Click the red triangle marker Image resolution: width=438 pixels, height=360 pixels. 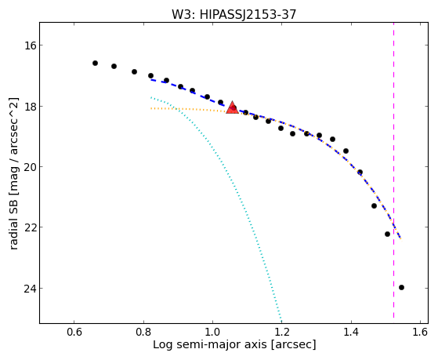[x=232, y=108]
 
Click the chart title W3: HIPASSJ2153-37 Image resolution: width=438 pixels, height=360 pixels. [x=233, y=14]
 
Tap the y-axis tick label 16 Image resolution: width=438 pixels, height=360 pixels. [x=30, y=45]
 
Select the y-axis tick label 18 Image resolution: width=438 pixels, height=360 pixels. [x=30, y=107]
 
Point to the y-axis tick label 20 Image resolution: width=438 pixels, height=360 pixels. [x=30, y=167]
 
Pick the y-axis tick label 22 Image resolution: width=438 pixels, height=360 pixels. [x=30, y=227]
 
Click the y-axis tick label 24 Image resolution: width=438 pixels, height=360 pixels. [x=30, y=288]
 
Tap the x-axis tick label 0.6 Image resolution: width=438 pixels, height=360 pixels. [x=74, y=332]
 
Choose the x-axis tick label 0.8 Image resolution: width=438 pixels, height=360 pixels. [x=143, y=332]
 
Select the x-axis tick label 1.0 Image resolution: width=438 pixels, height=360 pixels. [x=212, y=332]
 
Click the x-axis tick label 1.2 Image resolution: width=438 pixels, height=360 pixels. [x=282, y=332]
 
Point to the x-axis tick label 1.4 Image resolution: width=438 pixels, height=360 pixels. [x=351, y=332]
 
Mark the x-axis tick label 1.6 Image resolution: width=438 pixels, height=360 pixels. [x=421, y=332]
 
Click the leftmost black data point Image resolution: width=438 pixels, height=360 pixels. [x=96, y=64]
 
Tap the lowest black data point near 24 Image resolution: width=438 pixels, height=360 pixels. [x=402, y=288]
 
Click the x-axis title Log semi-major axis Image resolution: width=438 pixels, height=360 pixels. [x=210, y=345]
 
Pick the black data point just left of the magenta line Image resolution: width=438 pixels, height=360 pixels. [x=387, y=235]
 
